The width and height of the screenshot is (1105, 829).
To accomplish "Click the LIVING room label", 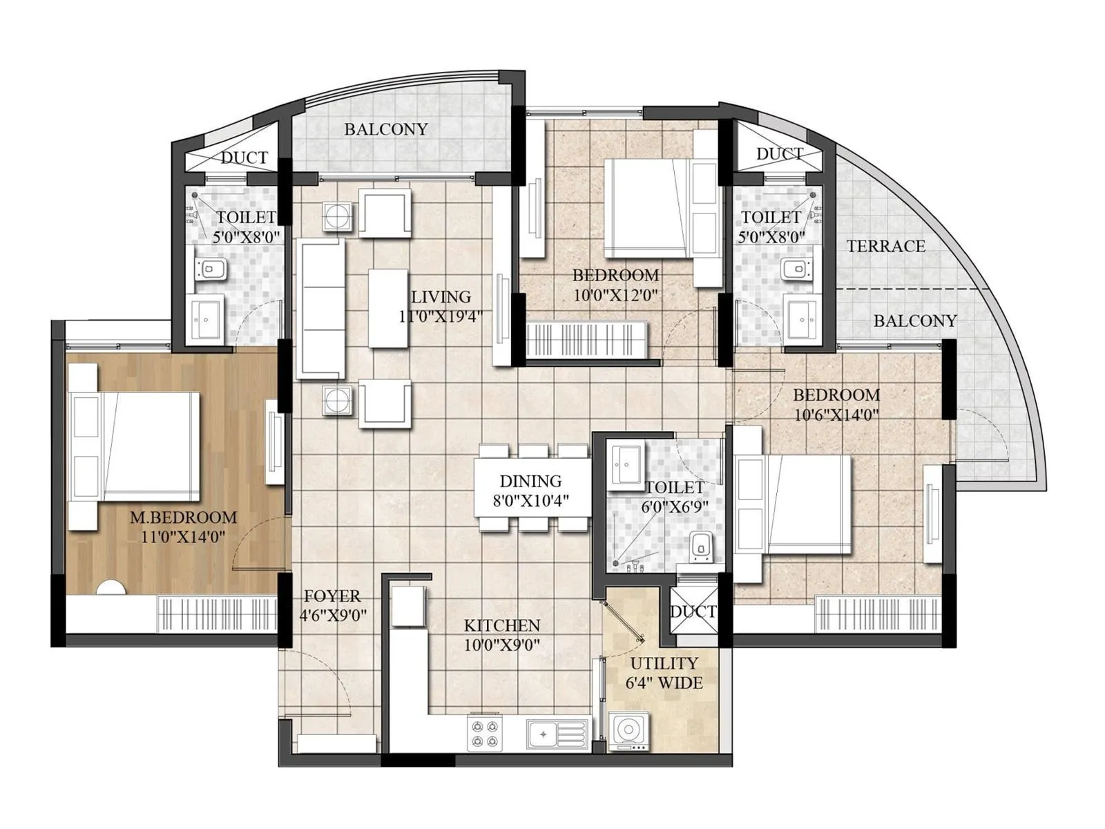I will coord(441,297).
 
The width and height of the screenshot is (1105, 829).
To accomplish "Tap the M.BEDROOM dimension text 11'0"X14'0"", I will coord(183,537).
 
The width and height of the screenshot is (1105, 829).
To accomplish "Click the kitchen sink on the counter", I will coord(557,734).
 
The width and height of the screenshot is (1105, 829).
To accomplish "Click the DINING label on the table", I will coord(530,481).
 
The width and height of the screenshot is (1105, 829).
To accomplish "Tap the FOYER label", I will coord(332,596).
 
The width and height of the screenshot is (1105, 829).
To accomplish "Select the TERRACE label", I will coord(885,246).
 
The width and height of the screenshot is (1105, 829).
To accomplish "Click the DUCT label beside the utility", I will coord(693,611).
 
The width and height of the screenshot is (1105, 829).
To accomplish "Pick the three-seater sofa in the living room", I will coord(320,309).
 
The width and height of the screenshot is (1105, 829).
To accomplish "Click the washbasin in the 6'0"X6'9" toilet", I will coord(627,464).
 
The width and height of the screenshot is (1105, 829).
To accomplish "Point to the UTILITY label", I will coord(664,663).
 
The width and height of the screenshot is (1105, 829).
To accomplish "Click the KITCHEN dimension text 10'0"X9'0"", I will coord(501,645).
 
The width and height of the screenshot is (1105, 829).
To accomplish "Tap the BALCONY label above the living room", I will coord(385,129).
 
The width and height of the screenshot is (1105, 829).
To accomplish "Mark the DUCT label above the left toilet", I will coord(244,158).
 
